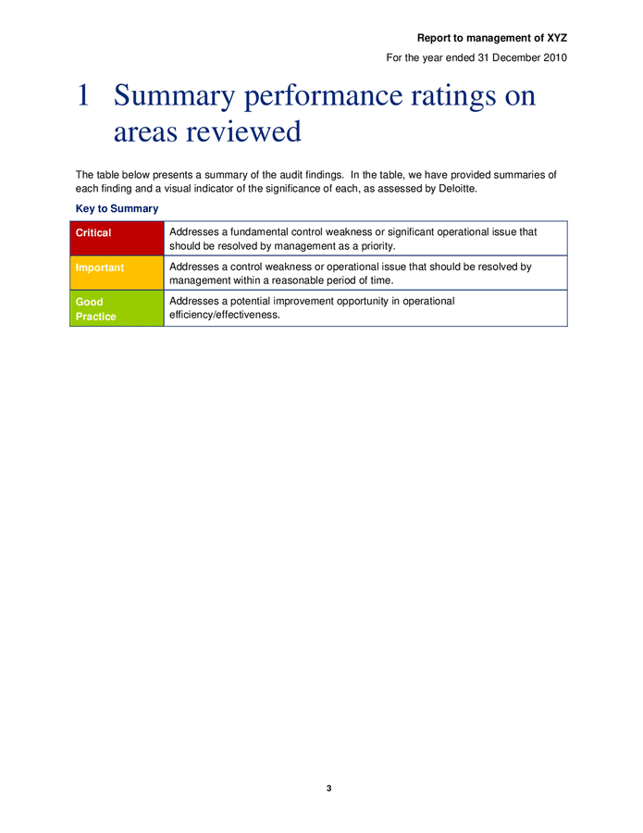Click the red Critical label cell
coord(116,239)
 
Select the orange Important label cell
coord(116,273)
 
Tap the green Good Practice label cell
coord(116,308)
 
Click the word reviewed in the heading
coord(244,131)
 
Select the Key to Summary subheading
coord(117,209)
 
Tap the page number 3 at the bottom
coord(328,788)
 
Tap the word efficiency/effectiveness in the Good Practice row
coord(223,315)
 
